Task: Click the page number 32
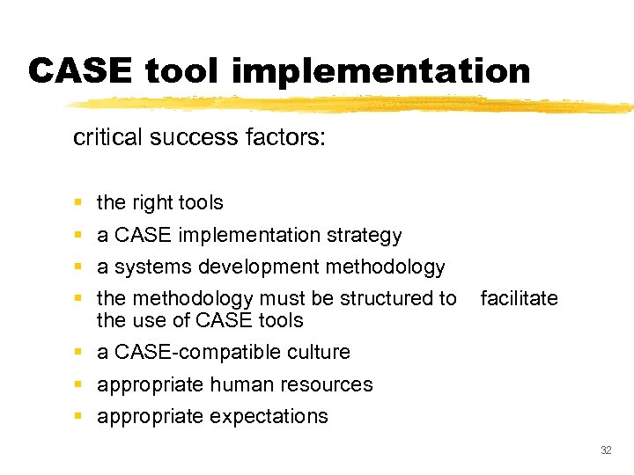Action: [605, 450]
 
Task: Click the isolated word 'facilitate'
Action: [519, 299]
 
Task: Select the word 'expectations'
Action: [269, 417]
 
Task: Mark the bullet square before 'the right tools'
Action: [78, 203]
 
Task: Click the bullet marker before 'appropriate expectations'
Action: [78, 417]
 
